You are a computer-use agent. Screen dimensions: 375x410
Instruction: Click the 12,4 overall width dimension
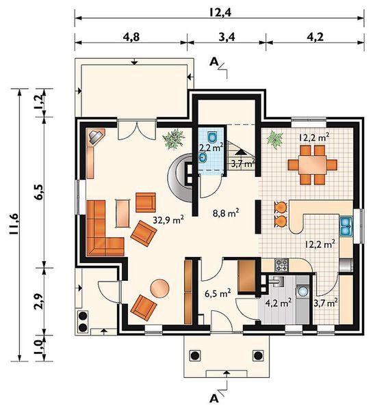tap(220, 12)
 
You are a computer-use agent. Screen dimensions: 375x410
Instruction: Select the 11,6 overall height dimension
tap(14, 224)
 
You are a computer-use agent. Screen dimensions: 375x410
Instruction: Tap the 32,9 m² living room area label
tap(168, 219)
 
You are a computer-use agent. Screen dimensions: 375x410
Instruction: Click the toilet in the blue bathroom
tap(212, 136)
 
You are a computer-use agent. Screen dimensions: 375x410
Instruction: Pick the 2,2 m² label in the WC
tap(211, 148)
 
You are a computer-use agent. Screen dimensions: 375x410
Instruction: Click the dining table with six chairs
tap(313, 165)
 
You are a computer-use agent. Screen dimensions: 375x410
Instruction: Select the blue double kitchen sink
tap(346, 225)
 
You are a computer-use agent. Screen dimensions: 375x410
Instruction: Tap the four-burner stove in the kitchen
tap(281, 264)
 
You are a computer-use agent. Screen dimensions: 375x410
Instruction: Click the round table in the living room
tap(159, 288)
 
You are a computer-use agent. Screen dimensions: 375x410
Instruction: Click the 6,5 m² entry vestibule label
tap(218, 294)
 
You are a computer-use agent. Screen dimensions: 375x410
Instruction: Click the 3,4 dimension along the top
tap(227, 37)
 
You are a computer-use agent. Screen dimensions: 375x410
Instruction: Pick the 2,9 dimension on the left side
tap(38, 301)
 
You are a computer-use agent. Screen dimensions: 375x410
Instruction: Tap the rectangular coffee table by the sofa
tap(122, 213)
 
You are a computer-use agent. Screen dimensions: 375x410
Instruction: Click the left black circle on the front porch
tap(195, 355)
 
